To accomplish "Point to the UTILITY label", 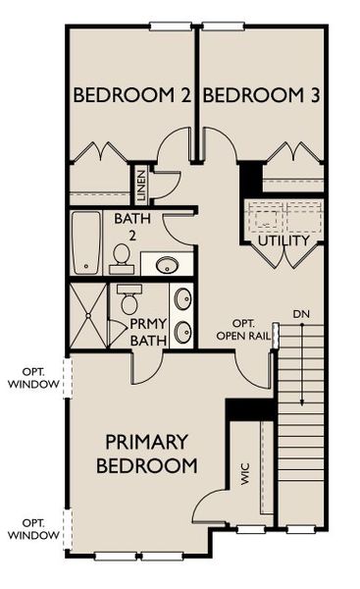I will coord(283,241).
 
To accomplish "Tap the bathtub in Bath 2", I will coord(87,242).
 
